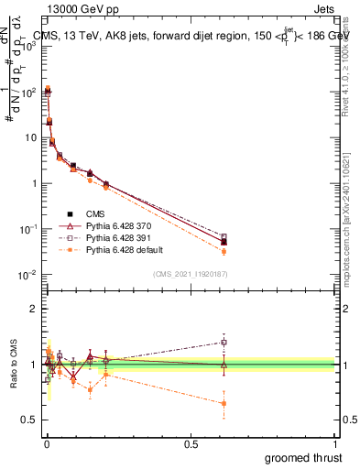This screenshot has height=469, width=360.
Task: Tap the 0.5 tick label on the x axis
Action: tap(191, 444)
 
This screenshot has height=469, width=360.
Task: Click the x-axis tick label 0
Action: tap(46, 444)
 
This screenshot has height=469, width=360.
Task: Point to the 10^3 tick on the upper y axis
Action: tap(31, 46)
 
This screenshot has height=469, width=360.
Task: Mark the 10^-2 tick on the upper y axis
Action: tap(31, 275)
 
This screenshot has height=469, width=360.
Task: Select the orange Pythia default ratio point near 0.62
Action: tap(224, 403)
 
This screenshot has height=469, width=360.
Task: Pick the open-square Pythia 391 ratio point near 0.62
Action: tap(224, 342)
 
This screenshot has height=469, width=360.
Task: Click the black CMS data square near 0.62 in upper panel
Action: tap(224, 242)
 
